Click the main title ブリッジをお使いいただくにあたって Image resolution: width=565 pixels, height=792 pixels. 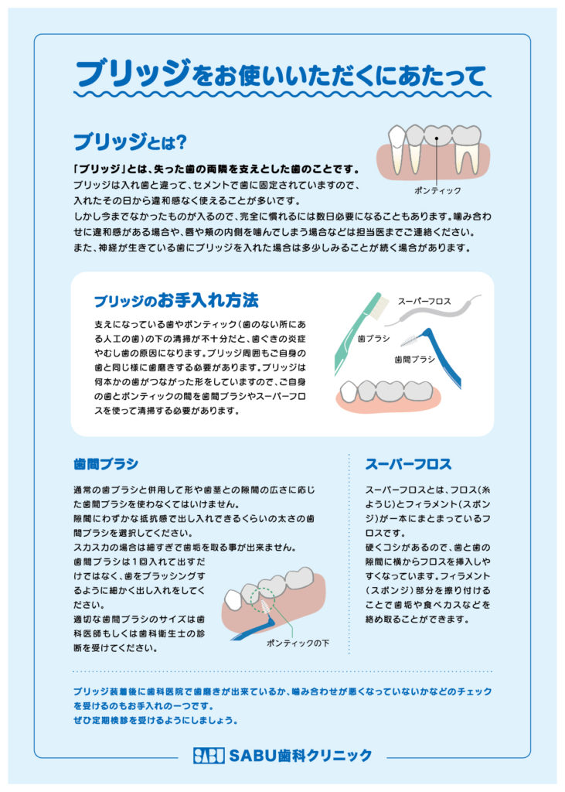point(281,73)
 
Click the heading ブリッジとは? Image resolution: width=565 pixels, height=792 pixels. point(131,142)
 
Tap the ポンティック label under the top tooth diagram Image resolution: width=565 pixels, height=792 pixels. point(437,190)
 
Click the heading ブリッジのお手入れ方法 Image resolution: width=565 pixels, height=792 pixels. point(176,301)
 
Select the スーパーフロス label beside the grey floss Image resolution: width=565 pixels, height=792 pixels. point(424,301)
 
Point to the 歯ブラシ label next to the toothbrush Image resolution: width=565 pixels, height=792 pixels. point(373,339)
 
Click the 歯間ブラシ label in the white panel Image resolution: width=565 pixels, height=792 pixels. point(414,359)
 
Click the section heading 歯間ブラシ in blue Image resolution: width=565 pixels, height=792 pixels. point(106,464)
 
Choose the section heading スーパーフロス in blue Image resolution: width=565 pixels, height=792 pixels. point(408,464)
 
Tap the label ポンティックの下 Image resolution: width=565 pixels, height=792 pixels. point(298,643)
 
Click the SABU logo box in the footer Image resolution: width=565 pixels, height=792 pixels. point(209,755)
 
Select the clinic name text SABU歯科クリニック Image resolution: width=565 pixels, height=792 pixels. point(301,755)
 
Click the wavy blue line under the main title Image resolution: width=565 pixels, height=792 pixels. point(282,94)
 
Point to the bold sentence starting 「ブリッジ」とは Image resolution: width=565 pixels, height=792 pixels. point(216,169)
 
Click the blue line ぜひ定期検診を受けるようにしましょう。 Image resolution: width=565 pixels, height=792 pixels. point(155,720)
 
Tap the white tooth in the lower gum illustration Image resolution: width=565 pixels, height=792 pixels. point(233,599)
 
